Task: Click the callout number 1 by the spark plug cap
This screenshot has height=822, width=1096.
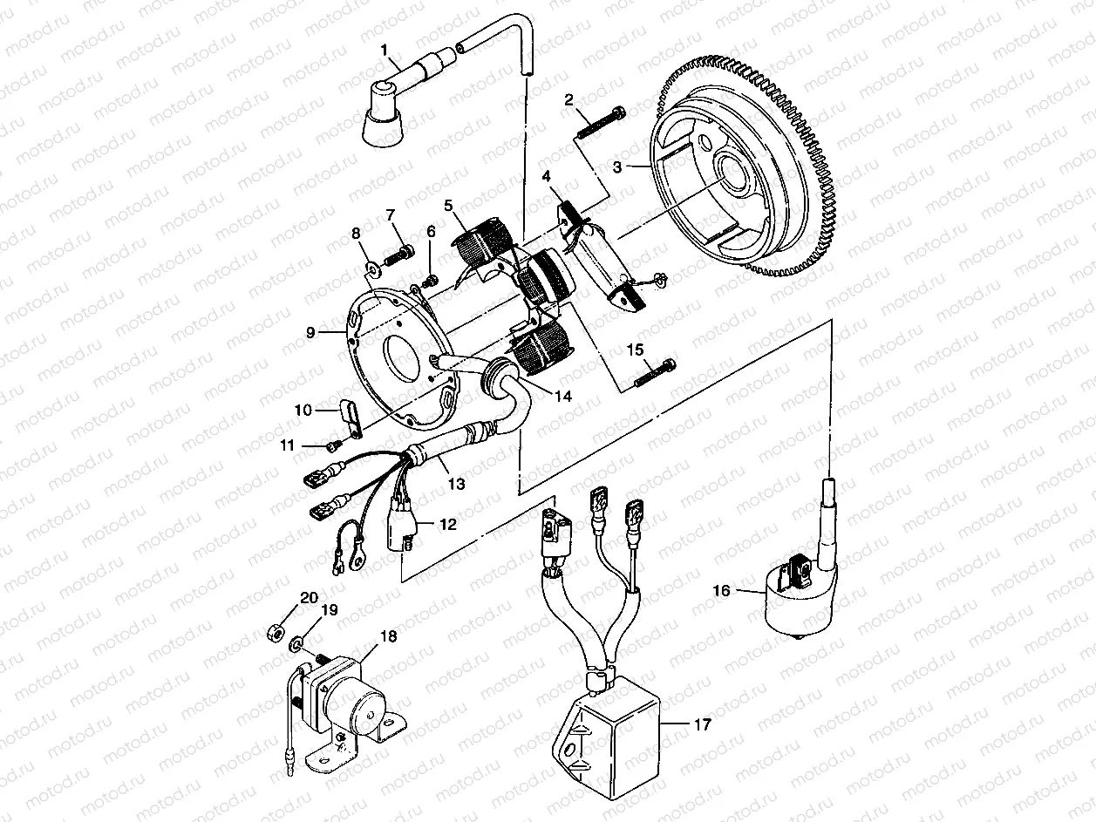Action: click(385, 51)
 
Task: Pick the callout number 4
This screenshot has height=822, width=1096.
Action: click(546, 177)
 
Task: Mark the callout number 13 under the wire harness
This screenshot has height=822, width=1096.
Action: click(456, 482)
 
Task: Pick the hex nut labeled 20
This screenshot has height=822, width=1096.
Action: click(272, 630)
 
